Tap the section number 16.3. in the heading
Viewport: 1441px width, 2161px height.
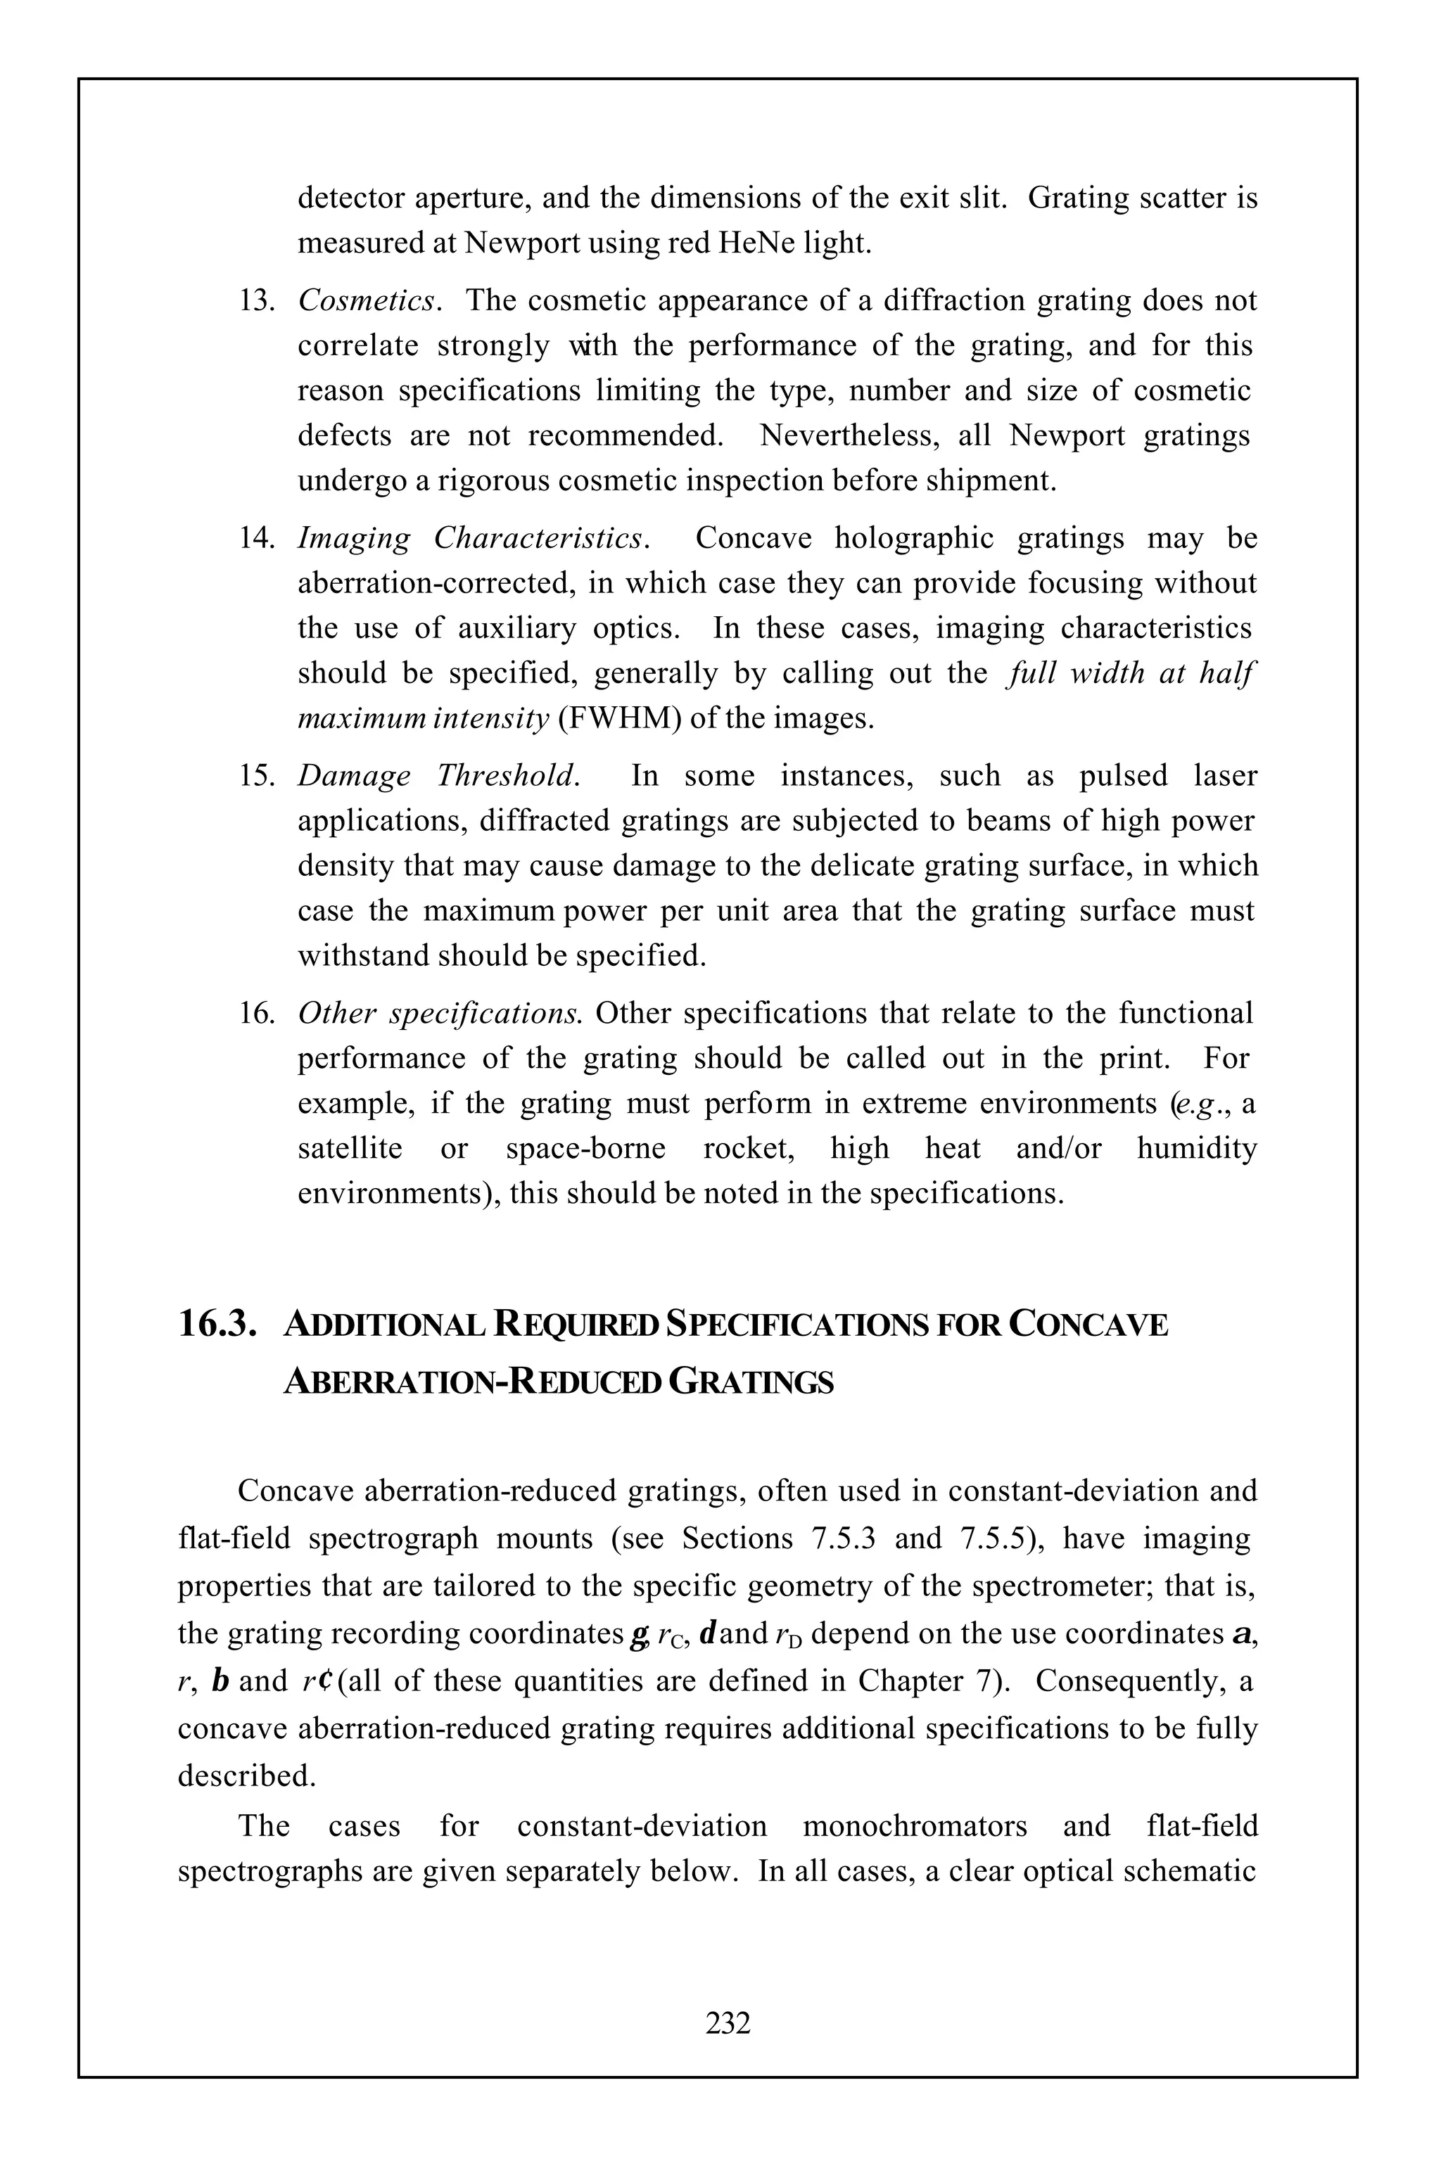(x=217, y=1325)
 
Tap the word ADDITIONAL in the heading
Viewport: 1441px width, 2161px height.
(x=385, y=1325)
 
